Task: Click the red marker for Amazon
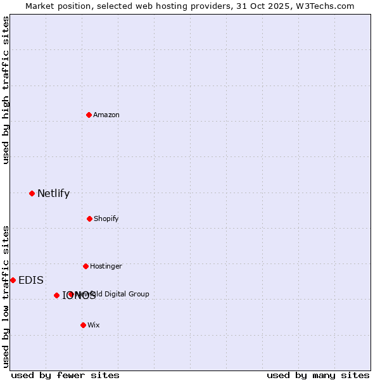89,115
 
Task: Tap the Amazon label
106,115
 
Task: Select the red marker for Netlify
32,193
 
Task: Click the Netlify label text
53,194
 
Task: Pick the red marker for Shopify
89,218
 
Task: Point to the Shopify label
106,219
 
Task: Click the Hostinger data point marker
85,266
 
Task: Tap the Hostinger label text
106,267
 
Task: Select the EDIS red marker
13,280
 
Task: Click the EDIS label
31,281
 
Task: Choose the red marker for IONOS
56,295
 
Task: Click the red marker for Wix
83,325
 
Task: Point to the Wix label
94,326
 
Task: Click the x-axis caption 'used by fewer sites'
65,375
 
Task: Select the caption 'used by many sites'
318,375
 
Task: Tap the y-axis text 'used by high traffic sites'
6,90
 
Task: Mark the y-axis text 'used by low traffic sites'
6,296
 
